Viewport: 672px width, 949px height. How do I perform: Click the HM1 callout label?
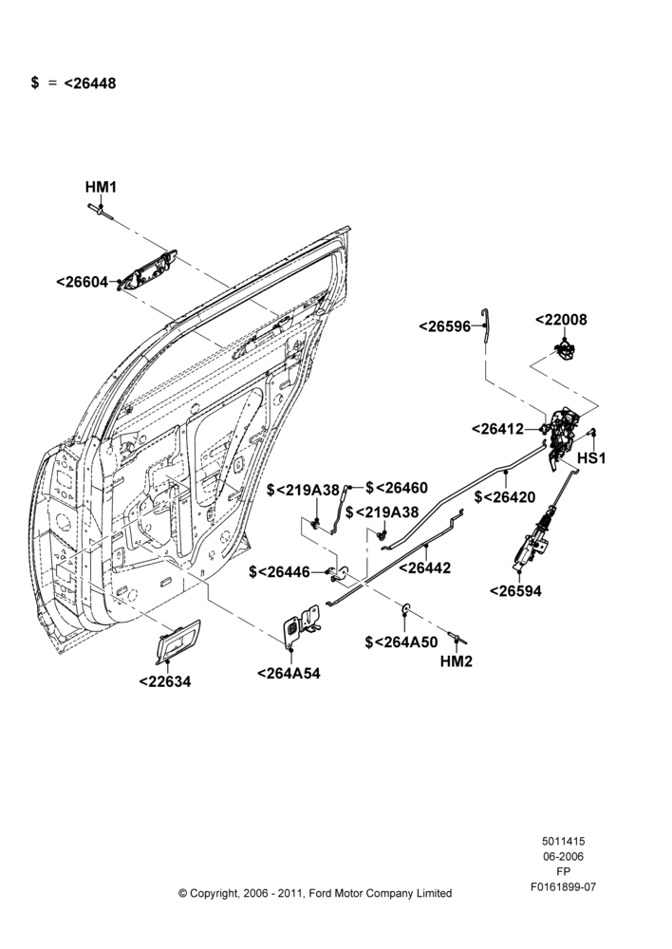[x=101, y=187]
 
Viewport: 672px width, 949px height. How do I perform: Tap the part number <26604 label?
[x=82, y=282]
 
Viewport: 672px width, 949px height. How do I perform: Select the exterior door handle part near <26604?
[x=147, y=270]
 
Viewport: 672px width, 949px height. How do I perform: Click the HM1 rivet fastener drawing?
[x=101, y=211]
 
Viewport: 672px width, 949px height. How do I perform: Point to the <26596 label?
[x=444, y=326]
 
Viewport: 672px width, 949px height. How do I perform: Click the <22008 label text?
[x=561, y=320]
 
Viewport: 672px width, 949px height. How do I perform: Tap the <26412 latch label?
[x=497, y=429]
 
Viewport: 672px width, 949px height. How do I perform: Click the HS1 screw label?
[x=591, y=458]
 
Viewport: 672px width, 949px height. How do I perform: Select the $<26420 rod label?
[x=505, y=497]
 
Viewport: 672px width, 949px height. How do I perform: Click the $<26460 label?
[x=397, y=488]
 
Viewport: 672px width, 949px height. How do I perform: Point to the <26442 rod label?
[x=424, y=568]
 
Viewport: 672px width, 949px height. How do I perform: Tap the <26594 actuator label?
[x=515, y=590]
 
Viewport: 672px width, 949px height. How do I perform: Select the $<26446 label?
[x=279, y=572]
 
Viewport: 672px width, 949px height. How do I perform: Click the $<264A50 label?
[x=401, y=642]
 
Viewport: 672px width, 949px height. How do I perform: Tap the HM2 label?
[x=456, y=661]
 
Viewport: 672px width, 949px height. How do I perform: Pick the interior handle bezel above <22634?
[x=177, y=641]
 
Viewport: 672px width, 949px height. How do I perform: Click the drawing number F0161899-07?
[x=563, y=887]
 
